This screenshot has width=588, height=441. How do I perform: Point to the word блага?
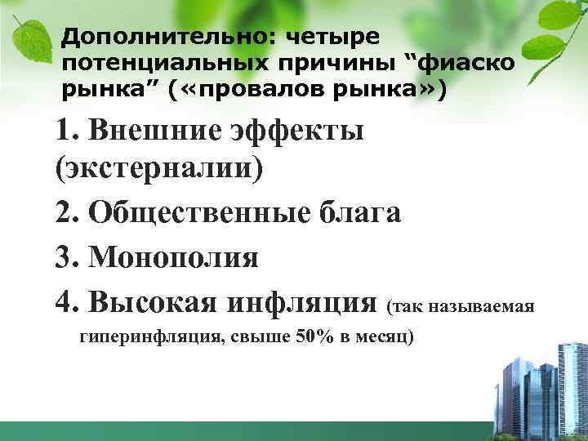(359, 214)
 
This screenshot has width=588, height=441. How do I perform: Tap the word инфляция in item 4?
(301, 301)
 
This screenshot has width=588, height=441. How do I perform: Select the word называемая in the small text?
(488, 306)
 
